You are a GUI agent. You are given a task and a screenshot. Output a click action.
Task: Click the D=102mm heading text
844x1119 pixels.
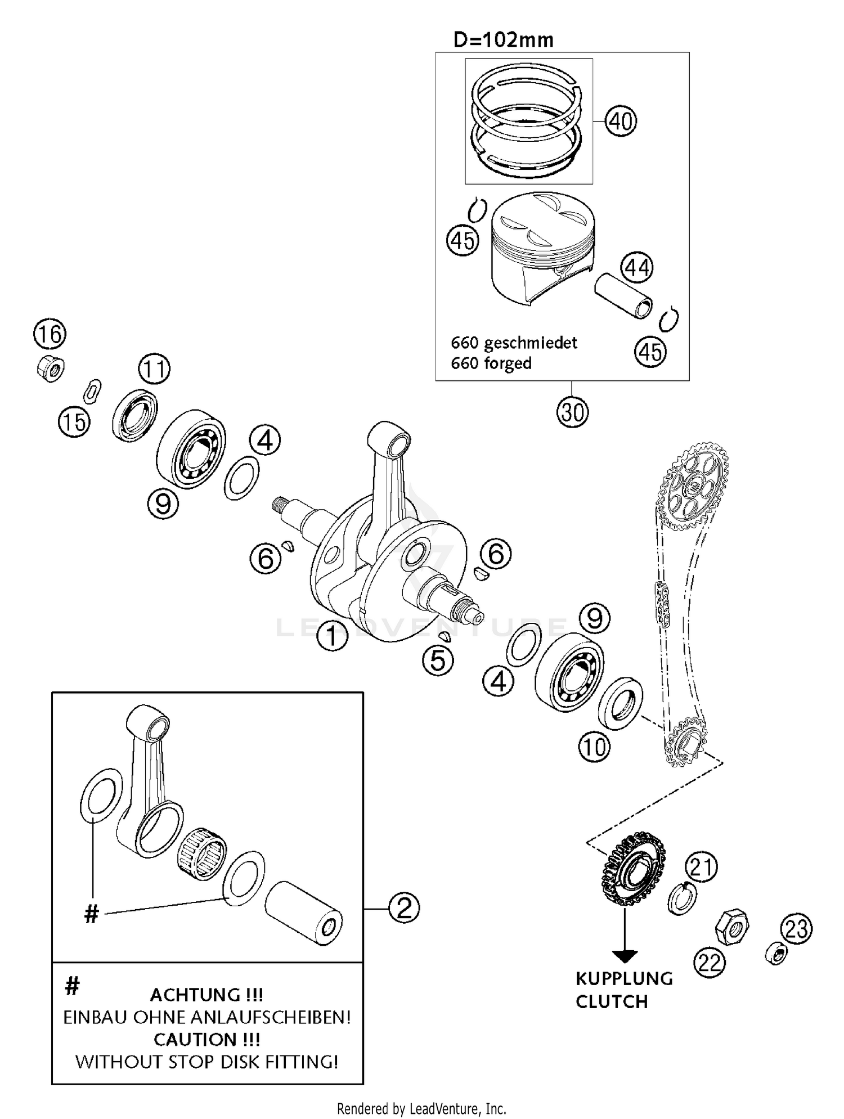503,40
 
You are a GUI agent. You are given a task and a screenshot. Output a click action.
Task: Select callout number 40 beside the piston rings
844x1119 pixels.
621,121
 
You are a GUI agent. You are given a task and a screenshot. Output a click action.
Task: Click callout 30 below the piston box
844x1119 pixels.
572,412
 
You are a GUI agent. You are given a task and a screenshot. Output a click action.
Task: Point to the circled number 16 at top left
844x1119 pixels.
50,334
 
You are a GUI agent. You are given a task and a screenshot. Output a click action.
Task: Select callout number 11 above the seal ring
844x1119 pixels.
154,370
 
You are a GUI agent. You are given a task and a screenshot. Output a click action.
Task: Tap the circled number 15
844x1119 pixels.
74,421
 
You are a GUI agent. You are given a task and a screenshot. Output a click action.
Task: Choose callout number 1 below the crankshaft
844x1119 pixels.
332,636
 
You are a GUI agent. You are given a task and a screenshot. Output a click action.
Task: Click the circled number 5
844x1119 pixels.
438,660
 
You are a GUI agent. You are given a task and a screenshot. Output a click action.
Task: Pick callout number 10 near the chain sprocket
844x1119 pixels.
594,747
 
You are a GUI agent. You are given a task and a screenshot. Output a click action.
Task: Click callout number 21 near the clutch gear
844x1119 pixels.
701,867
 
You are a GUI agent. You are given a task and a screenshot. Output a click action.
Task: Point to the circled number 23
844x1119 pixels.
796,929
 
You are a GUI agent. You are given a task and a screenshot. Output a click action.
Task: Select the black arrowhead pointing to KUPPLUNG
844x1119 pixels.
625,955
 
